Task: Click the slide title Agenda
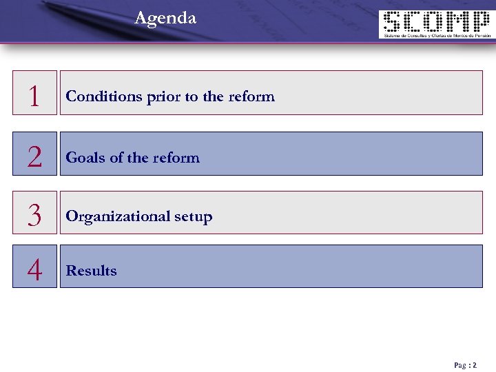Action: (x=165, y=18)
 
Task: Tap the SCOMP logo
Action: (x=436, y=24)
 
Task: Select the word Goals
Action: (x=85, y=158)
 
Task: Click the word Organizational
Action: (x=118, y=217)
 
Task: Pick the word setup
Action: (x=193, y=217)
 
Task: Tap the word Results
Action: (x=91, y=271)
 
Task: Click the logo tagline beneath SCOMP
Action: (x=436, y=36)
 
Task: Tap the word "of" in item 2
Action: (x=116, y=158)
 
